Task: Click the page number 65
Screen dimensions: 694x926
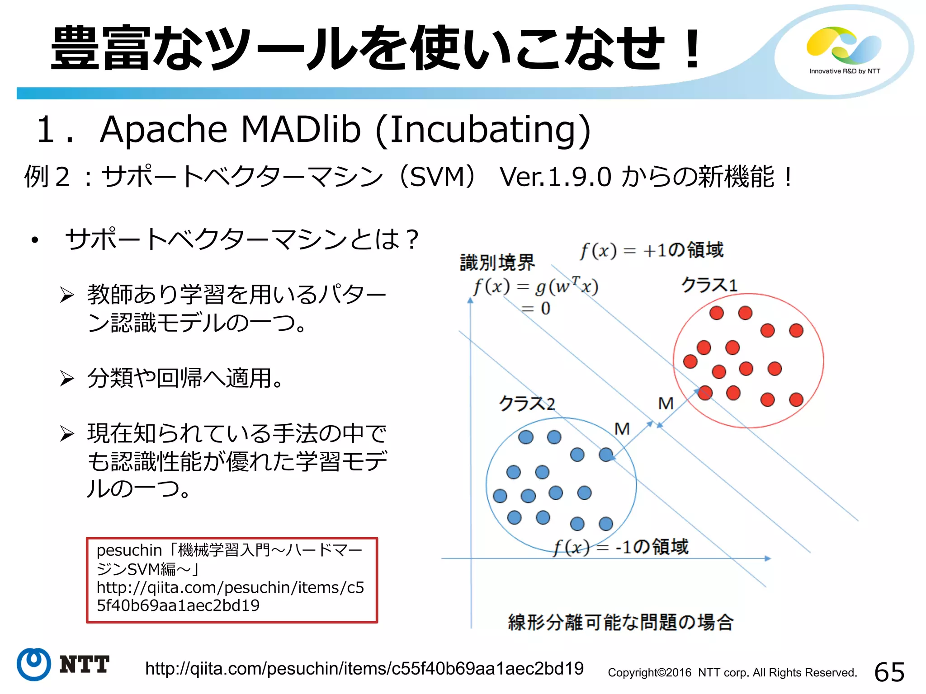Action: coord(889,672)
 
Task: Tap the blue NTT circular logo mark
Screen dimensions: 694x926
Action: coord(33,664)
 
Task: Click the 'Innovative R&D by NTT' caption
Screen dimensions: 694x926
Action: coord(845,71)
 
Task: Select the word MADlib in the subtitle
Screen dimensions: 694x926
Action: coord(301,129)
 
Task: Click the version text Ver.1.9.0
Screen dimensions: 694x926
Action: coord(555,177)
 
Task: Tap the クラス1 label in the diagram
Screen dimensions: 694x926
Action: coord(709,285)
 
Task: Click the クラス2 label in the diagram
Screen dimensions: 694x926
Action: coord(527,403)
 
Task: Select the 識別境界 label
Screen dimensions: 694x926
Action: coord(497,263)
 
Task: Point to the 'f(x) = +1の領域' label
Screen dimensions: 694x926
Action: coord(652,250)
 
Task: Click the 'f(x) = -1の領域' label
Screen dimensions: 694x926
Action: coord(620,547)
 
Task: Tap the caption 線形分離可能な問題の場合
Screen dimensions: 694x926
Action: coord(620,622)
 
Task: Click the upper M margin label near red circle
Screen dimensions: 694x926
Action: coord(666,403)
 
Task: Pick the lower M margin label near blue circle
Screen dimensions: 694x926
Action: coord(622,428)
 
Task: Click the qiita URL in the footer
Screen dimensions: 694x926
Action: coord(364,669)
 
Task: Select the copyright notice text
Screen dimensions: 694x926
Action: coord(732,673)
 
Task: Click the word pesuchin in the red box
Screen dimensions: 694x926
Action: coord(129,550)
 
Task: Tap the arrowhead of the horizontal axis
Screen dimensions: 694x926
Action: coord(767,558)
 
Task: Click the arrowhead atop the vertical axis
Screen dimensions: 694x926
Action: coord(470,300)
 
